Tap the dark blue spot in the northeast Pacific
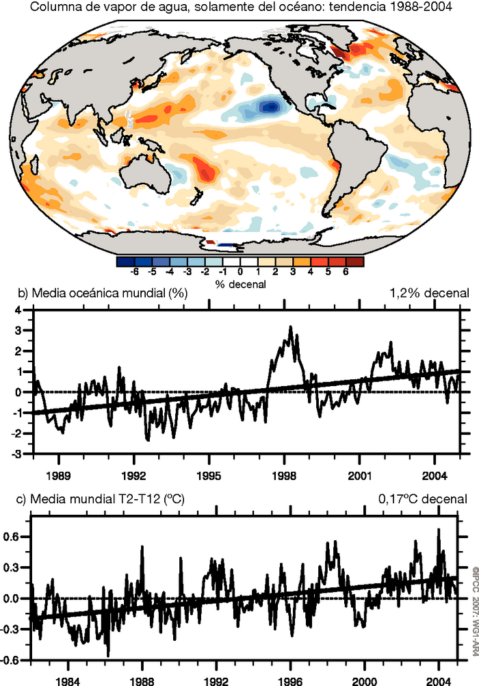(x=271, y=106)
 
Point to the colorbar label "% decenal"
(x=239, y=283)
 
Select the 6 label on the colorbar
(x=346, y=272)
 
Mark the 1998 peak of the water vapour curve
(x=290, y=328)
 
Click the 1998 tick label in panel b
(x=284, y=474)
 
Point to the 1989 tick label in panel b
(x=57, y=474)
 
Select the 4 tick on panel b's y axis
(x=20, y=310)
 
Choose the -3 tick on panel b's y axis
(x=18, y=455)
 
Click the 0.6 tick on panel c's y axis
(x=14, y=537)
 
